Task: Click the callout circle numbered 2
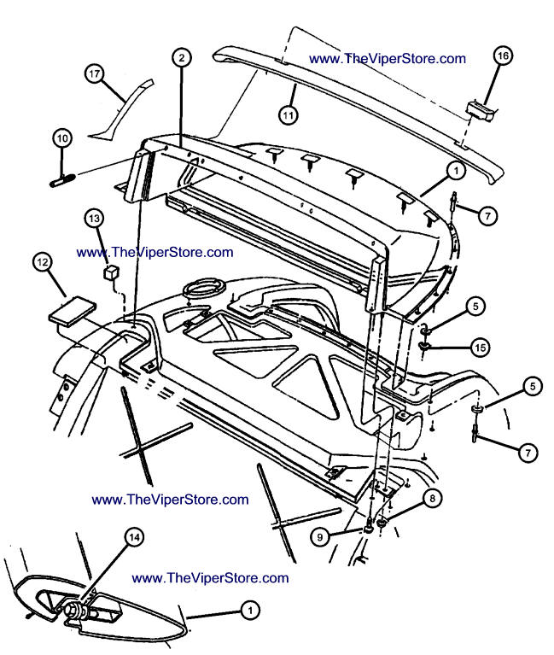(x=181, y=57)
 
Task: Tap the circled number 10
(x=61, y=137)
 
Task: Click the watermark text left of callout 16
(x=388, y=59)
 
